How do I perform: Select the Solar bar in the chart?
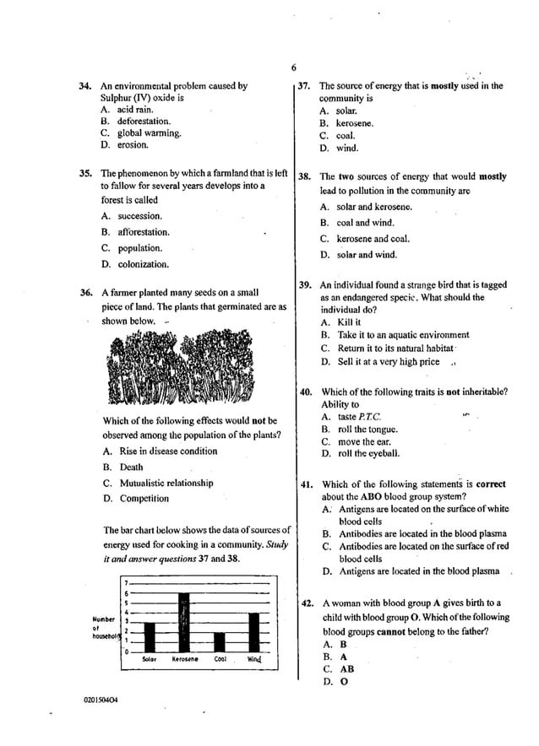coord(148,637)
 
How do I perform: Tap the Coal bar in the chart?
coord(220,642)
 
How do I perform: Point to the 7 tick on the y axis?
coord(126,583)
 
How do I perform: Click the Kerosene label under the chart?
coord(185,659)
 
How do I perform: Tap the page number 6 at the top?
coord(293,68)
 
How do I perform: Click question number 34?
coord(84,86)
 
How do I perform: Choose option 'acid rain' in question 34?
coord(135,110)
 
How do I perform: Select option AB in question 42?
coord(346,669)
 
